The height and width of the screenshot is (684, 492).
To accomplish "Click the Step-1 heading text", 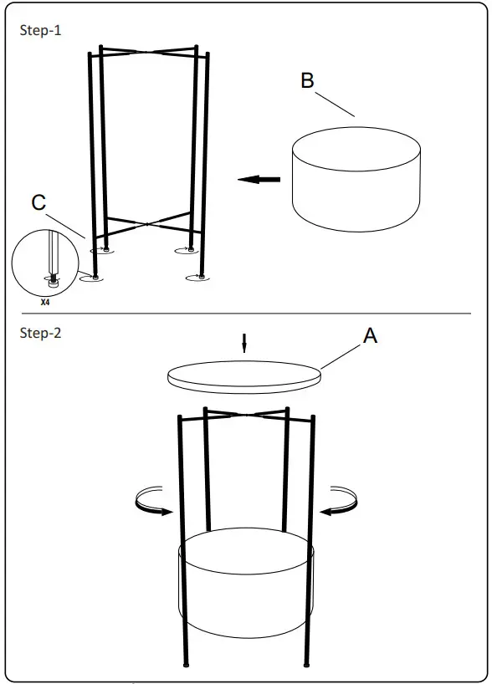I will click(40, 31).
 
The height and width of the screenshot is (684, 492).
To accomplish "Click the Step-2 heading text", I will click(40, 333).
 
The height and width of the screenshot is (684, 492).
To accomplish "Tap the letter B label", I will click(307, 80).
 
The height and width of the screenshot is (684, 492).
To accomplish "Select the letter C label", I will click(38, 203).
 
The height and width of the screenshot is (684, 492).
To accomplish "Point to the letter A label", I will click(370, 335).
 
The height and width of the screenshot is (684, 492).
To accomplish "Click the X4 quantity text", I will click(45, 304).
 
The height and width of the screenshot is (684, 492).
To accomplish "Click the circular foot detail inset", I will click(47, 265).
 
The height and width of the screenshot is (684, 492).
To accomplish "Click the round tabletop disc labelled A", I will click(243, 374).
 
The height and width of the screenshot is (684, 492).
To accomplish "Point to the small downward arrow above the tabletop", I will click(243, 343).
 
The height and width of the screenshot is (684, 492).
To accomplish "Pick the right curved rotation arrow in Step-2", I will click(339, 502).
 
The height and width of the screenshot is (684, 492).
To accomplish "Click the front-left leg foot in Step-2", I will click(186, 666).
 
